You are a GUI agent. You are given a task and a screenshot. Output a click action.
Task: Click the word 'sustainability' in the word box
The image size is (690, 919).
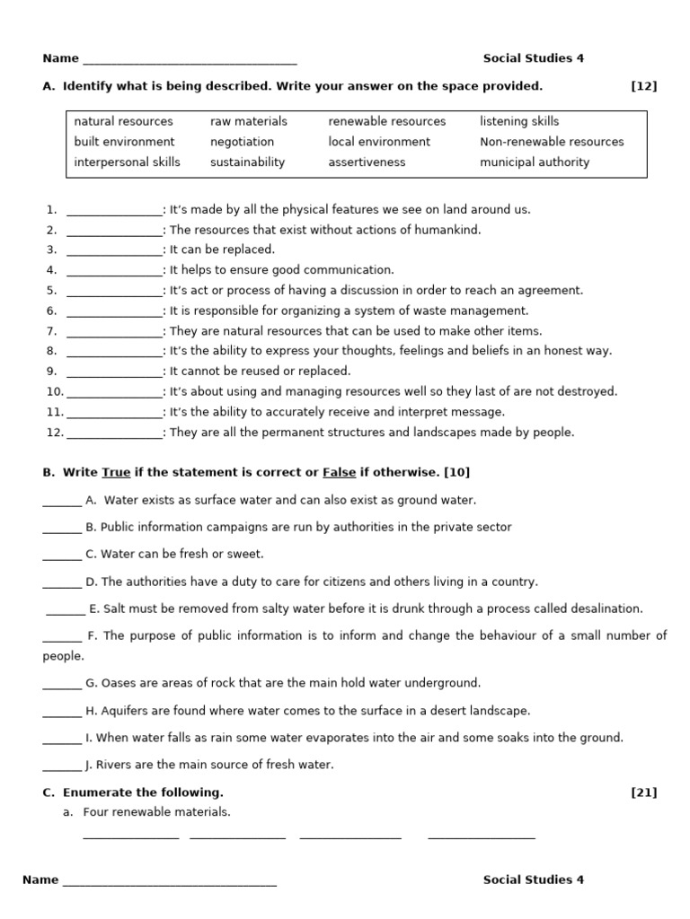[x=247, y=162]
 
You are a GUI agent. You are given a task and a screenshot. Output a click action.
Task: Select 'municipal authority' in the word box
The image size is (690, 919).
[x=535, y=162]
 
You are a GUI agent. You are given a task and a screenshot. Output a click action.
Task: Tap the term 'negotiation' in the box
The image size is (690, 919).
[x=242, y=142]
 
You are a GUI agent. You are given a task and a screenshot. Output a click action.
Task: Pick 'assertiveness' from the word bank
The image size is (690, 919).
[x=367, y=162]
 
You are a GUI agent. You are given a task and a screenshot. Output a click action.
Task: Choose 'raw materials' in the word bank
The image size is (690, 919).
[x=249, y=121]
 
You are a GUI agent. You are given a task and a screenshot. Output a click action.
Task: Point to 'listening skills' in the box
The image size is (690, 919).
[x=519, y=121]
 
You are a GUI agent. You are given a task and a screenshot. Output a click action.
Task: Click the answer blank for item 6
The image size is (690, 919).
[x=114, y=311]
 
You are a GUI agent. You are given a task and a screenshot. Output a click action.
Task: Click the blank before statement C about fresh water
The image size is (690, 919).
[x=62, y=556]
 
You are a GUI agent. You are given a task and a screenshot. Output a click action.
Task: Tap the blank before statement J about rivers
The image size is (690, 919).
[x=62, y=766]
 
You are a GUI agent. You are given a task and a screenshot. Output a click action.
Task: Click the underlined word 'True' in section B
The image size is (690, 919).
[x=116, y=472]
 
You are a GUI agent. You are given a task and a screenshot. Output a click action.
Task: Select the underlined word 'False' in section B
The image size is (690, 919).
[x=339, y=472]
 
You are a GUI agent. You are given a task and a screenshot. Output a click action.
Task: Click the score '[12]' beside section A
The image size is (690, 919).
[x=644, y=86]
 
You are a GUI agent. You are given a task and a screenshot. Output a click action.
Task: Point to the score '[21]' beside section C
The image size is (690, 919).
[x=644, y=792]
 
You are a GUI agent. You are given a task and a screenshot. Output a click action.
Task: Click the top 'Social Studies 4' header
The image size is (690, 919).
[x=534, y=58]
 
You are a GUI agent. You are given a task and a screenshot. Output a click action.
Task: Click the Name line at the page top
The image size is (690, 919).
[x=189, y=60]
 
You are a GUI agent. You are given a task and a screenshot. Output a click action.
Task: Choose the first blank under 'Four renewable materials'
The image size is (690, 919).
[x=130, y=836]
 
